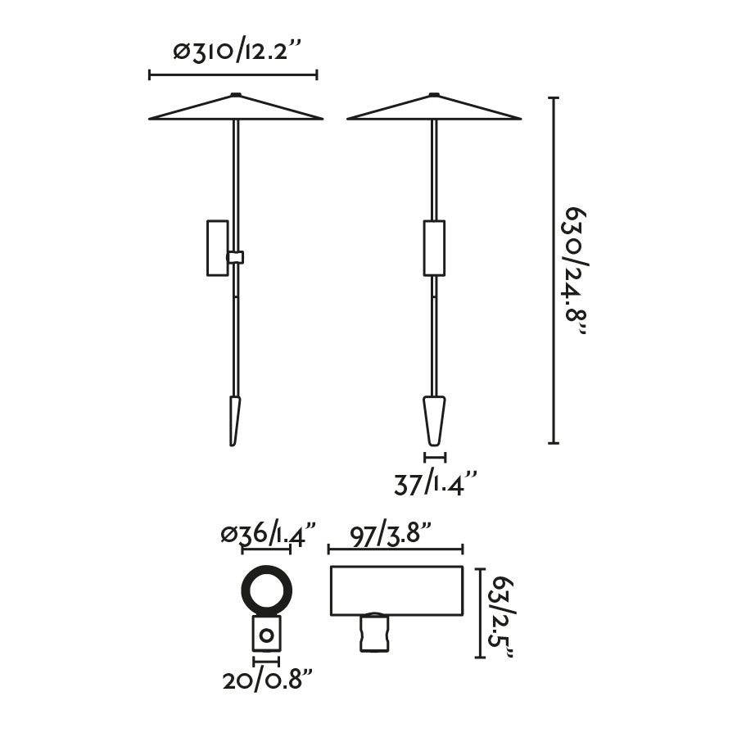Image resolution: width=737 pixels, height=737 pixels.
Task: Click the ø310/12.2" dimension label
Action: (233, 52)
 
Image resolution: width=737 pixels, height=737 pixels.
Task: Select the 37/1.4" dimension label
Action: (435, 485)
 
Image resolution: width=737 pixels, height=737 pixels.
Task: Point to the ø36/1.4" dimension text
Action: (268, 536)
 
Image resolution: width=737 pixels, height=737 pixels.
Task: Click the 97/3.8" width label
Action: (391, 536)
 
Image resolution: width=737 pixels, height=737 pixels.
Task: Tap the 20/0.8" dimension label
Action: (268, 680)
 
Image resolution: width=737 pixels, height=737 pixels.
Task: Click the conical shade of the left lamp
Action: (236, 110)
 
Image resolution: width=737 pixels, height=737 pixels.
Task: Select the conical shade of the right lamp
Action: (434, 110)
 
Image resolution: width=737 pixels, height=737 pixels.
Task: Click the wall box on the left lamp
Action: (218, 247)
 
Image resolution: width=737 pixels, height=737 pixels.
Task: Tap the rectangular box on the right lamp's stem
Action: (434, 247)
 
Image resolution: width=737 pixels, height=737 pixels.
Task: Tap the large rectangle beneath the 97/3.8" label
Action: (396, 590)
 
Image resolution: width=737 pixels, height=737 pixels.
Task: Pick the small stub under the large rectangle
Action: (373, 633)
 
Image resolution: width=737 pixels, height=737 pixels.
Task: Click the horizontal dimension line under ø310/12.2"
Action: (233, 75)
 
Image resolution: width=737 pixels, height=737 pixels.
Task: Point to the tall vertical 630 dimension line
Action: (554, 270)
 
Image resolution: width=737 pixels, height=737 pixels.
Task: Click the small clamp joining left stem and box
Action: (236, 257)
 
